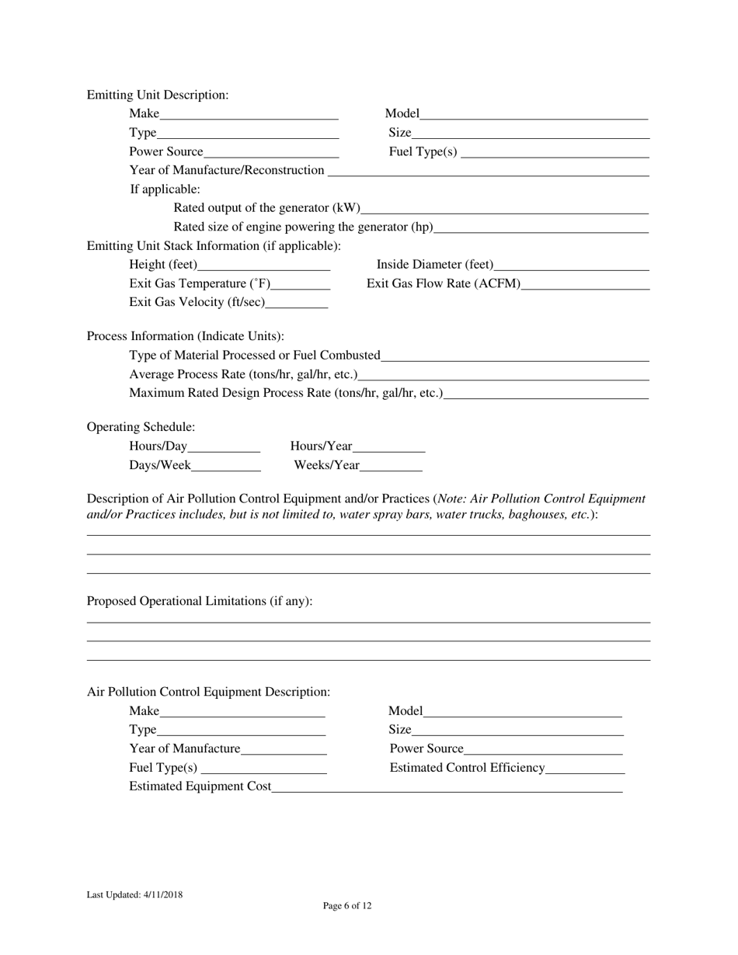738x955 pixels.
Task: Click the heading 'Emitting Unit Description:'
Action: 158,95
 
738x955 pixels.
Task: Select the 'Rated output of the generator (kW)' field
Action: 504,208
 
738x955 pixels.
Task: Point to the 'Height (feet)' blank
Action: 264,266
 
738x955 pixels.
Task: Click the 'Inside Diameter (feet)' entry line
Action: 571,266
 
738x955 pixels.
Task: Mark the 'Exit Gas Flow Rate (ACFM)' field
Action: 585,284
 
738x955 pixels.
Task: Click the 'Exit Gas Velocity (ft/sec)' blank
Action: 296,303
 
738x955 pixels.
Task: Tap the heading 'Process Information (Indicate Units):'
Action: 186,336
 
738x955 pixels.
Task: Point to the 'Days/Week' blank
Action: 225,467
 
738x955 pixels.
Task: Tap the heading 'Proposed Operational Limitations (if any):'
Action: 200,601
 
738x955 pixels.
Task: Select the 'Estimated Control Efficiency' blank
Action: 585,769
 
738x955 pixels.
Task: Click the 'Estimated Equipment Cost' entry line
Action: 447,787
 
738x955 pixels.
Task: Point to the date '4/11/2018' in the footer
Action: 163,894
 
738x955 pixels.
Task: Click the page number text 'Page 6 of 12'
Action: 347,905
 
